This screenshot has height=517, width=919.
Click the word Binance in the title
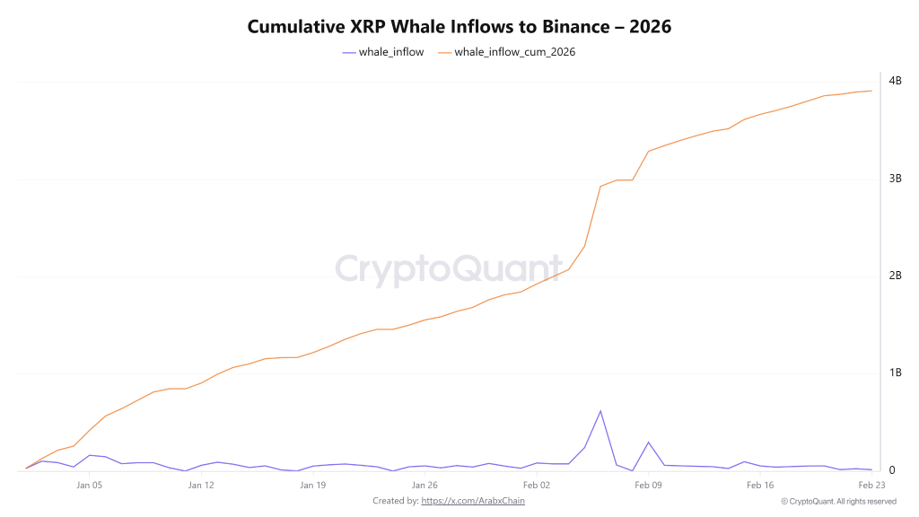[576, 27]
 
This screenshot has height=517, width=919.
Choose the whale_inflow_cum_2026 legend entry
[506, 52]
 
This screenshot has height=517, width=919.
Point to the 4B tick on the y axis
[894, 82]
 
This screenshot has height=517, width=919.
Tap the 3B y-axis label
[894, 179]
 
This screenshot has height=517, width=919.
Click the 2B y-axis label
[894, 276]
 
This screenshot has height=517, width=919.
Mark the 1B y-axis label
[894, 372]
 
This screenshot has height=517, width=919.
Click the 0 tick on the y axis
[892, 470]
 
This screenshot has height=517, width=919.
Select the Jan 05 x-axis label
[89, 486]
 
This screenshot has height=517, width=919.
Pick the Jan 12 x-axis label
[201, 486]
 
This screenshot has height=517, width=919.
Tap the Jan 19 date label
[312, 486]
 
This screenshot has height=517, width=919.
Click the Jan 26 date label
[424, 486]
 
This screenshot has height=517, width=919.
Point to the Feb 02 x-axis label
[536, 486]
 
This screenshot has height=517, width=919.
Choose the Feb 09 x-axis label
[648, 486]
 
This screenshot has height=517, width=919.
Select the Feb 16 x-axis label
[759, 486]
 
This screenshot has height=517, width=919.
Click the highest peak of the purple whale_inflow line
[600, 411]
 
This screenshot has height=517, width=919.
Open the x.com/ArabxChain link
[473, 501]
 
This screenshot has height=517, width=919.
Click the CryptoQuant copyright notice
[838, 501]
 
